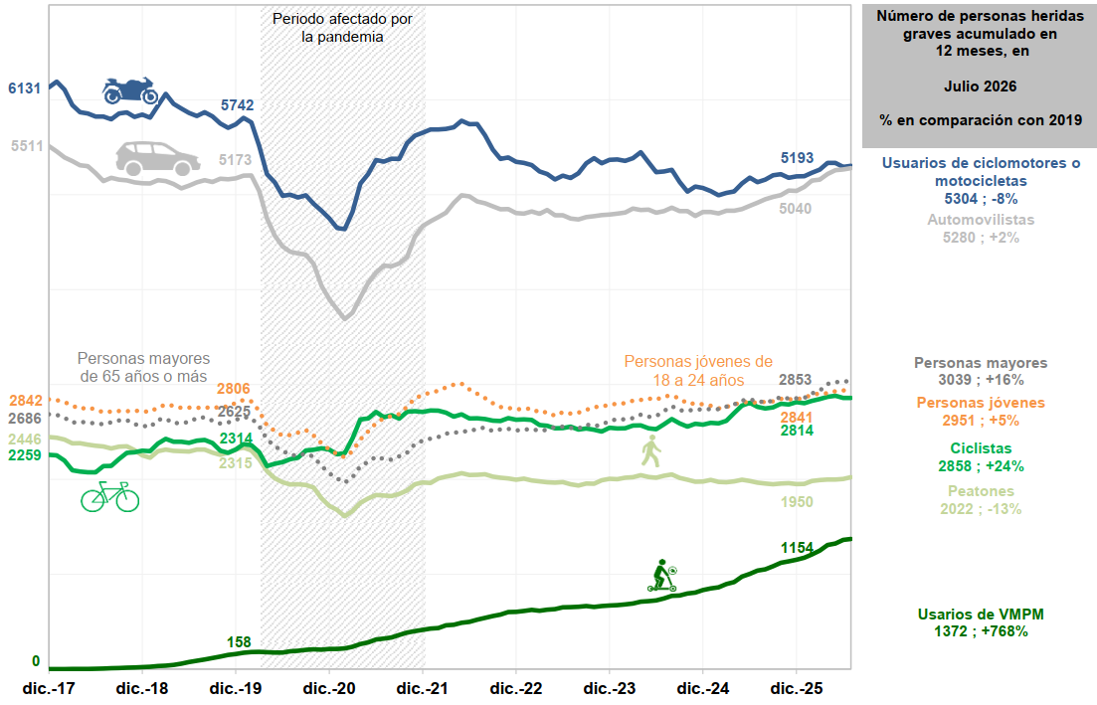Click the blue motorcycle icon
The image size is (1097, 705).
pyautogui.click(x=130, y=90)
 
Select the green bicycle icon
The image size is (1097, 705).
pyautogui.click(x=109, y=496)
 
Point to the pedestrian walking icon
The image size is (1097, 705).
pyautogui.click(x=650, y=450)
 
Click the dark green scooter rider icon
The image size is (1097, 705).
pyautogui.click(x=662, y=576)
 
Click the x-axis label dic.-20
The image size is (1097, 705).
pyautogui.click(x=329, y=688)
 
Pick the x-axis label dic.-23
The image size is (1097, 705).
pyautogui.click(x=610, y=688)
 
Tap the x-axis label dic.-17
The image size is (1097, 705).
pyautogui.click(x=49, y=688)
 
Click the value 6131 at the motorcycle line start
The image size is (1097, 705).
pyautogui.click(x=25, y=88)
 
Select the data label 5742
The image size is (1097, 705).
pyautogui.click(x=237, y=105)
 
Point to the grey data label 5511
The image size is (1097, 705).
pyautogui.click(x=27, y=146)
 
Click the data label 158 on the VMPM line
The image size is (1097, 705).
pyautogui.click(x=239, y=642)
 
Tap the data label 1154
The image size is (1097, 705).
pyautogui.click(x=797, y=548)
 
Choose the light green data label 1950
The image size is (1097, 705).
pyautogui.click(x=797, y=501)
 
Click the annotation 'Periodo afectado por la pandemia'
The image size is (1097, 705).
pyautogui.click(x=342, y=28)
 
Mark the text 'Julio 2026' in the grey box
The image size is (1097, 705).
pyautogui.click(x=981, y=87)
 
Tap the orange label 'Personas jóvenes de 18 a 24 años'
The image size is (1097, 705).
pyautogui.click(x=698, y=371)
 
